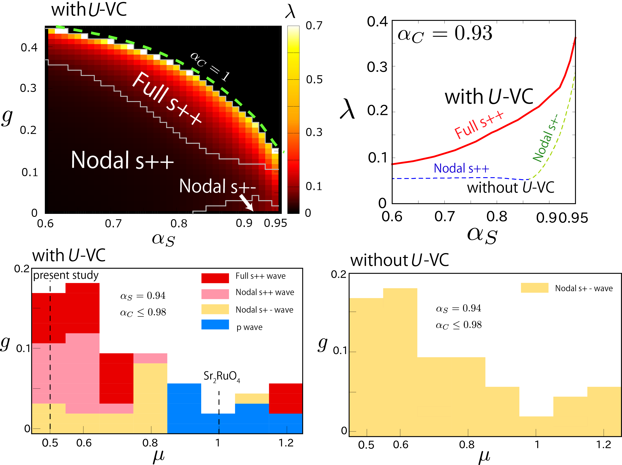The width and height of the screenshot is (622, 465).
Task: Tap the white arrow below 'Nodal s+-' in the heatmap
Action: (x=247, y=203)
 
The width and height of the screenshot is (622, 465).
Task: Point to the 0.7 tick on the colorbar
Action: (x=314, y=26)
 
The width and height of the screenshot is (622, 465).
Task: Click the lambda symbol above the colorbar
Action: (x=290, y=12)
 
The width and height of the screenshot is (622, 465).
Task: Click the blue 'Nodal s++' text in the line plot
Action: (x=461, y=168)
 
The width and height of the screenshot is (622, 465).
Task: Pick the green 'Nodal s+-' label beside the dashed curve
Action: (x=545, y=139)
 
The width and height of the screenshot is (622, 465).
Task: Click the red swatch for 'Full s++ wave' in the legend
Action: (x=215, y=278)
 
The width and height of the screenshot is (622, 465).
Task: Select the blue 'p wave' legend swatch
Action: (x=215, y=324)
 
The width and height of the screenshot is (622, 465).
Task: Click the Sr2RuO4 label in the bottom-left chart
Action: (x=222, y=376)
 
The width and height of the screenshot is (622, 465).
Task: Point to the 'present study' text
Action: (x=66, y=275)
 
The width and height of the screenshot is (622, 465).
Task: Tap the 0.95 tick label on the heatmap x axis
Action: (x=275, y=223)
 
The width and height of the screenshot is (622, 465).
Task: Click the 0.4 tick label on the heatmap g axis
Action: (x=29, y=48)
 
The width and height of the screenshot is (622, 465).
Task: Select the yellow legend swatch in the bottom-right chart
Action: (x=534, y=288)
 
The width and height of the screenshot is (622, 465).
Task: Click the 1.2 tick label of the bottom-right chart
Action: (x=603, y=445)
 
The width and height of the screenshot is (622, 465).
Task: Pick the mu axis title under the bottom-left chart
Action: (x=159, y=456)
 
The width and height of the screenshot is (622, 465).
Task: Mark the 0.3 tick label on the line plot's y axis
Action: (x=377, y=67)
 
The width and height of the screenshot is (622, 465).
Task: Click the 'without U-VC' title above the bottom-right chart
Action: (x=399, y=260)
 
